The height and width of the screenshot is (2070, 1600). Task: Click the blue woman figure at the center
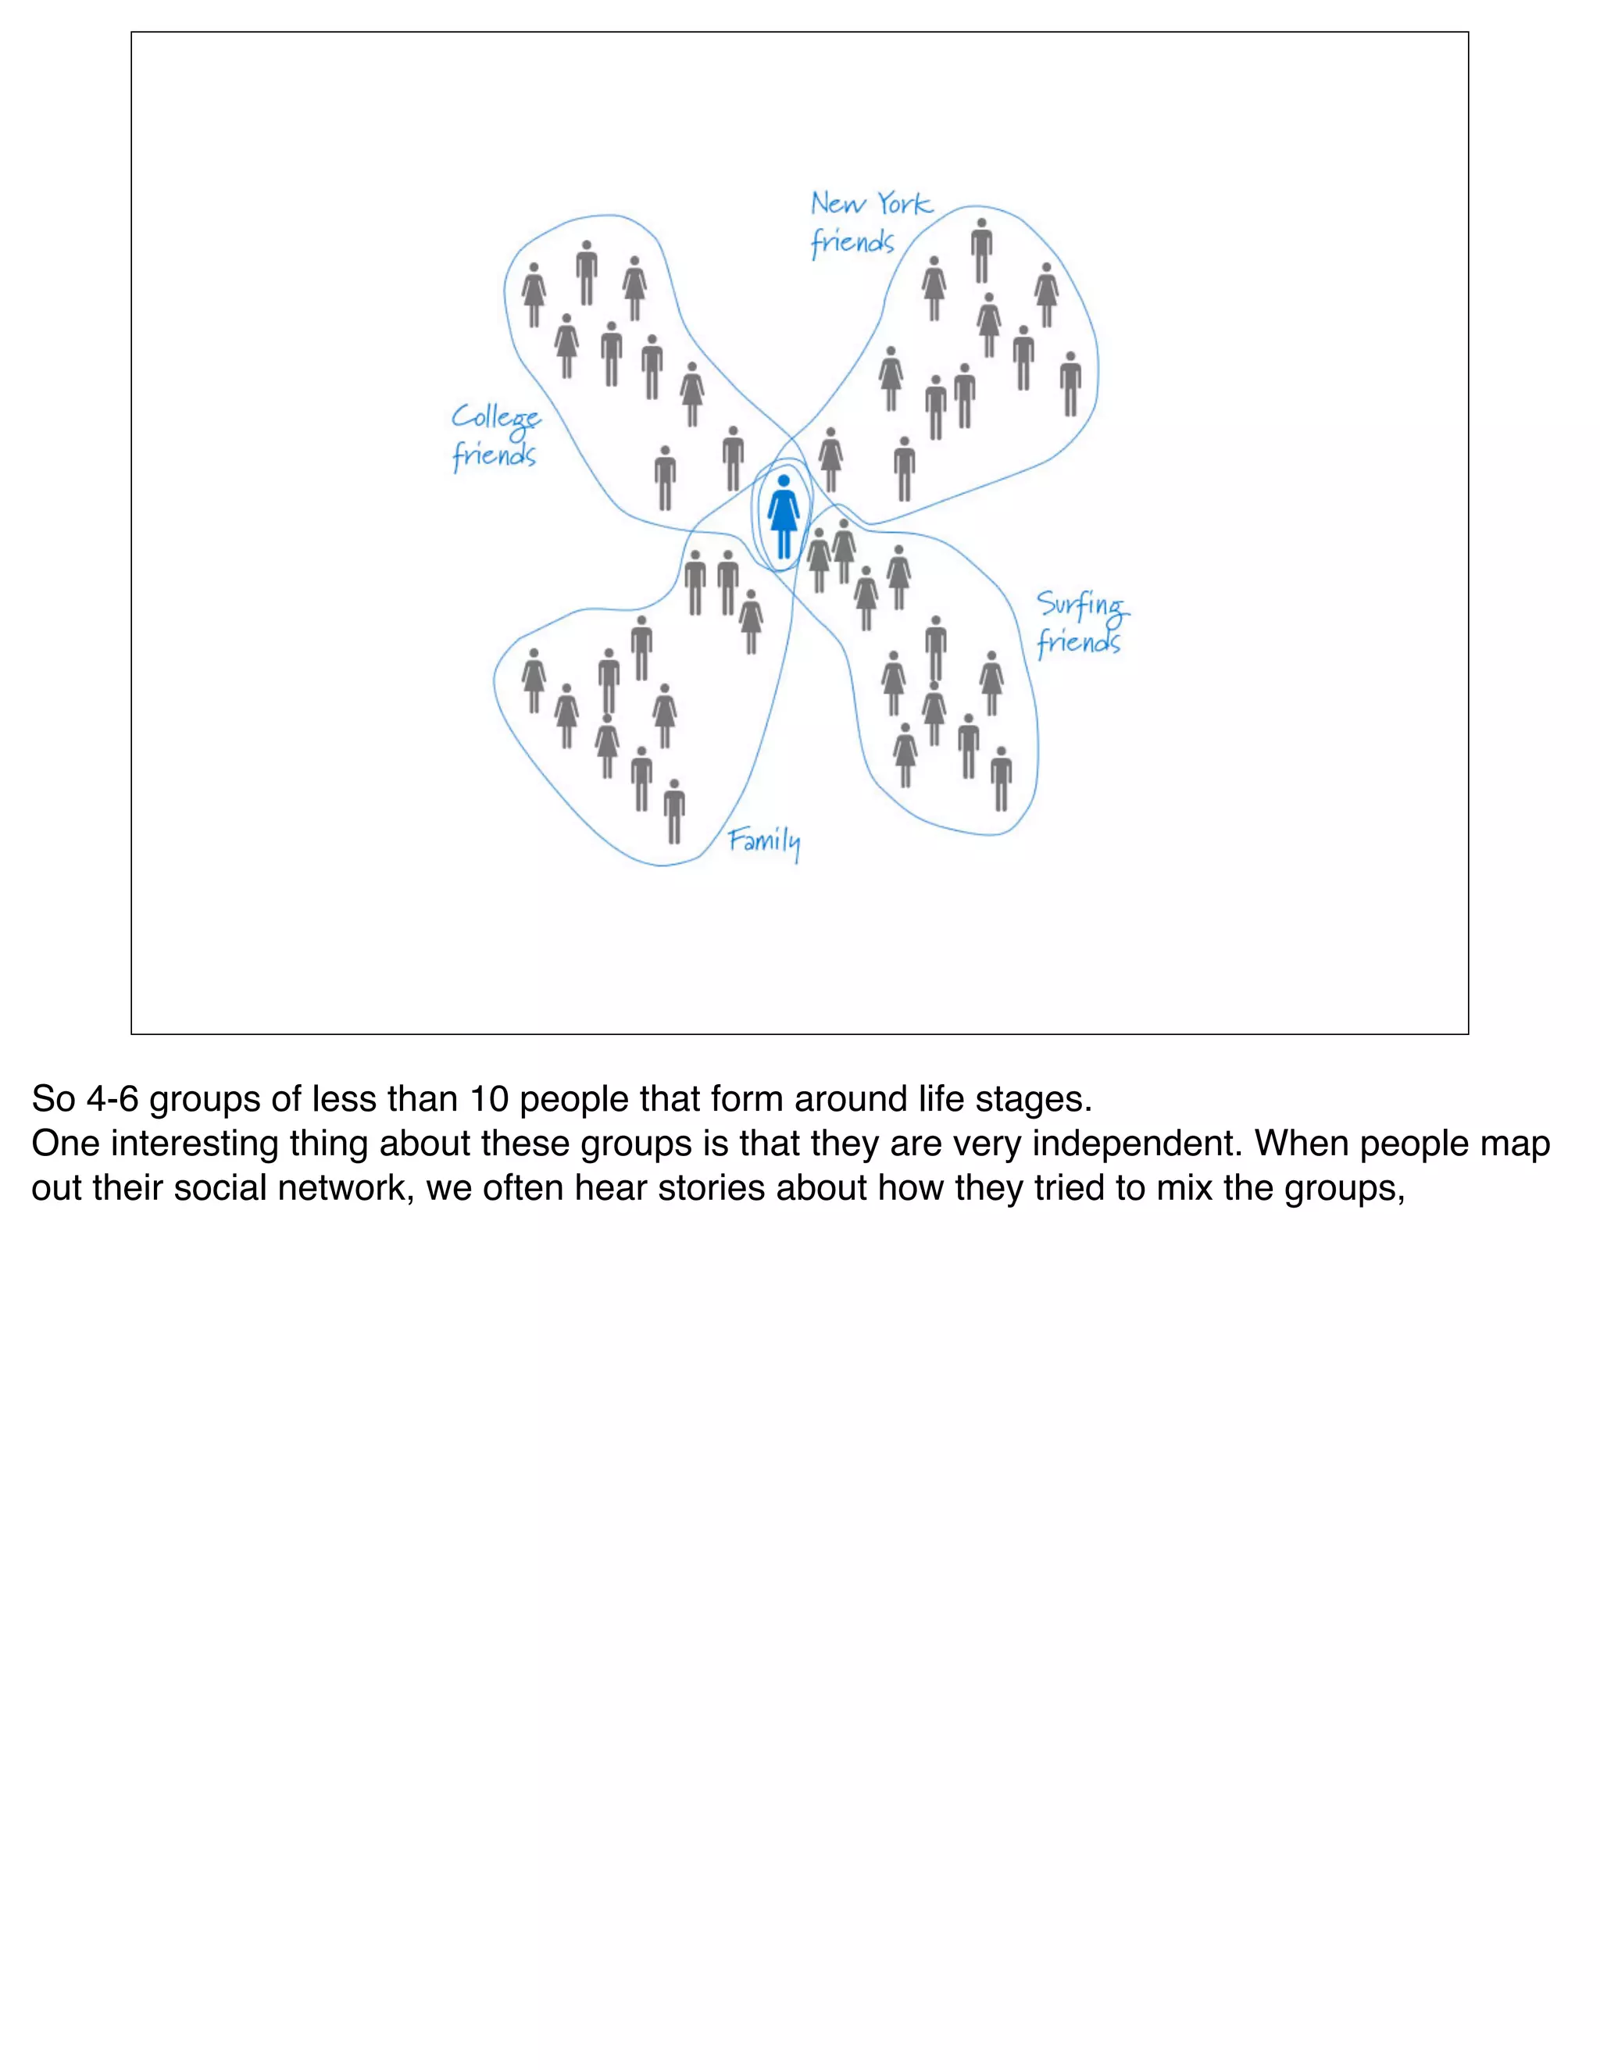click(783, 516)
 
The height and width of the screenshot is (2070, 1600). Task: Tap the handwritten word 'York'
click(904, 204)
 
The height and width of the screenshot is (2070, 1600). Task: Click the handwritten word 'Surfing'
click(1081, 605)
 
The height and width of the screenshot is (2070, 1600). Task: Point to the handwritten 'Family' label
click(764, 841)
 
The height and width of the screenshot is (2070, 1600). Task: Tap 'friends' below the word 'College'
click(494, 456)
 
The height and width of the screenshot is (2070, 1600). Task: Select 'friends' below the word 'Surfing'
click(1079, 644)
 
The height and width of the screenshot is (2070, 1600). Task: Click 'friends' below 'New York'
click(852, 243)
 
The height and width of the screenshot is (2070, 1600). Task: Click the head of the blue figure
click(783, 480)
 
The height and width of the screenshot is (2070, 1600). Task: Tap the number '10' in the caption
click(490, 1100)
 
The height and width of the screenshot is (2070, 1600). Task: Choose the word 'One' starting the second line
click(66, 1144)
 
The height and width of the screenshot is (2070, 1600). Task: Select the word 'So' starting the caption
click(53, 1100)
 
